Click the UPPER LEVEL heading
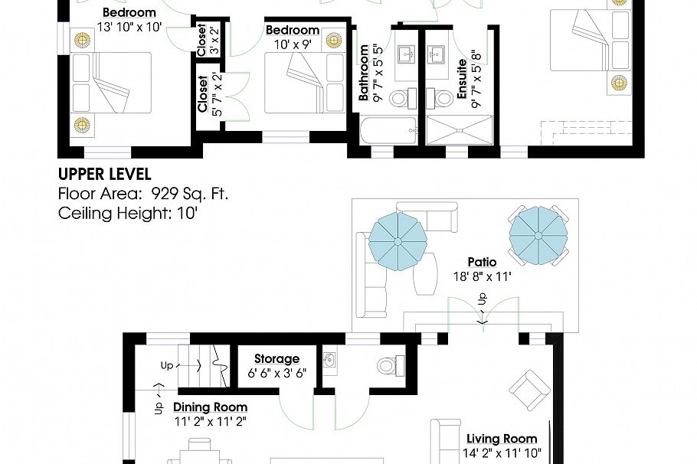(x=104, y=175)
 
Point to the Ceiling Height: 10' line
(x=128, y=212)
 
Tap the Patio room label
(x=482, y=263)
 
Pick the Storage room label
(x=277, y=358)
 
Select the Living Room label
(x=502, y=439)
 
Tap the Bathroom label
(x=364, y=74)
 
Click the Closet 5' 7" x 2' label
(x=203, y=93)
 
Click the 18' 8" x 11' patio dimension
(x=482, y=276)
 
